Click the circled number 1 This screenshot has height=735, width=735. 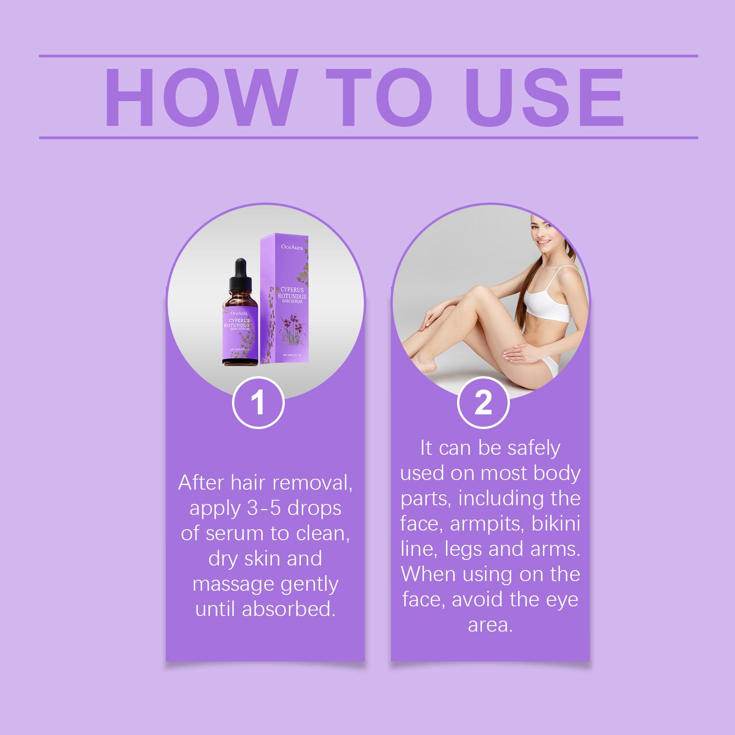(x=259, y=403)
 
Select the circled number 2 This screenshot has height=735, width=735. (x=483, y=403)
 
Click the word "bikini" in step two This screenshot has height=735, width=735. (x=556, y=524)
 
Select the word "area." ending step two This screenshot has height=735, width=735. (x=490, y=625)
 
